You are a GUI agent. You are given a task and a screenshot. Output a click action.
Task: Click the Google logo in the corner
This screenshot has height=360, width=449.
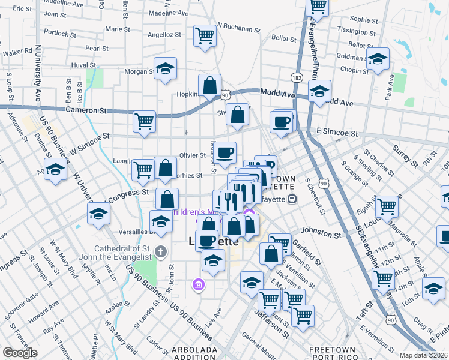click(x=20, y=352)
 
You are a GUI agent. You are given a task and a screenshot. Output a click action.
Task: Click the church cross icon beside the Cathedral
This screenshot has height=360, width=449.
click(x=160, y=251)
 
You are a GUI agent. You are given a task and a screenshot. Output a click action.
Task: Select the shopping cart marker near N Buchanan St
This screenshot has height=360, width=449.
click(x=205, y=35)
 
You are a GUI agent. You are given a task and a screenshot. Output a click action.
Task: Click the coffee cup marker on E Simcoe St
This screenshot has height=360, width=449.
click(x=281, y=122)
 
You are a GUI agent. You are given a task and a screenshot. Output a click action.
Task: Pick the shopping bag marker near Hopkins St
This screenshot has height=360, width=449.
click(x=209, y=86)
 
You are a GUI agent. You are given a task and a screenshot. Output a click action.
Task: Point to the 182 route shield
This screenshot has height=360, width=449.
click(x=297, y=77)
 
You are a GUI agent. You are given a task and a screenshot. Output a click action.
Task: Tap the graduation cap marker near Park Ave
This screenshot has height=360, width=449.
click(x=378, y=59)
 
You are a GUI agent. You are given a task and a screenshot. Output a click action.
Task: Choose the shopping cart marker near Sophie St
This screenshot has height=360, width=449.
click(x=318, y=6)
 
